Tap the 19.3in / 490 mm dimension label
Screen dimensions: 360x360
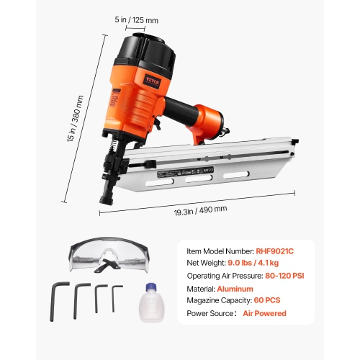(199, 209)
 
